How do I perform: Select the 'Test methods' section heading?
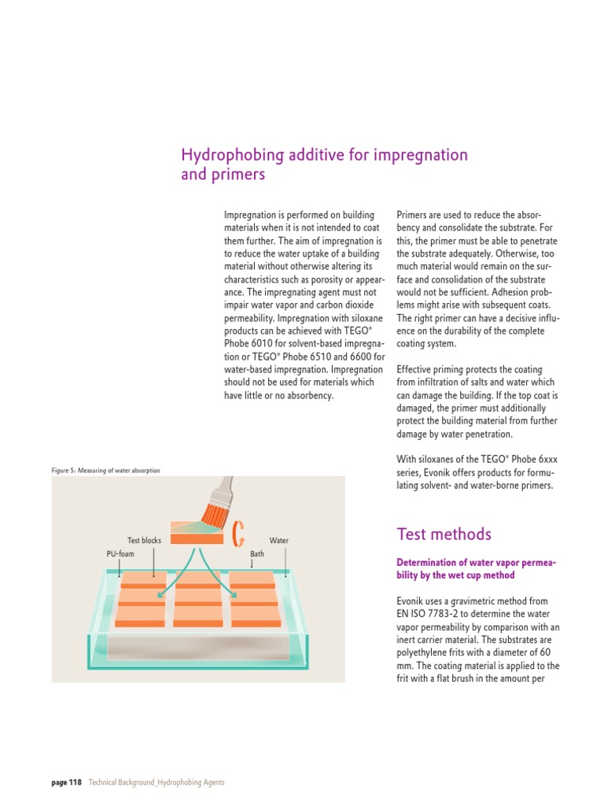point(444,535)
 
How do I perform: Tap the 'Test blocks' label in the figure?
point(144,541)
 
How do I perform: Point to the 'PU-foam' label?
point(120,554)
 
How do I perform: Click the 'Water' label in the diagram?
point(279,541)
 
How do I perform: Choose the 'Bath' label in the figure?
point(257,554)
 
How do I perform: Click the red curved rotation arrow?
point(238,534)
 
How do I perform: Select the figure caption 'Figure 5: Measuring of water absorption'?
point(105,471)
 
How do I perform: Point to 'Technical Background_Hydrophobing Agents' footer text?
point(157,782)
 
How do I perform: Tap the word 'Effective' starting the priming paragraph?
point(415,368)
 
